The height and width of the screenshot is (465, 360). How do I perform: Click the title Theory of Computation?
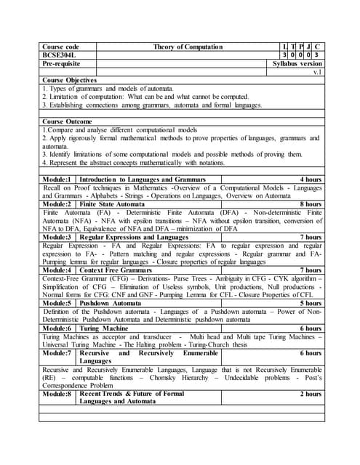click(188, 46)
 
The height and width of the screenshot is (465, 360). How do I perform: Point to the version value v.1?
click(317, 73)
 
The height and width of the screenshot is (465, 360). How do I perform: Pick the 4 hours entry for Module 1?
click(311, 179)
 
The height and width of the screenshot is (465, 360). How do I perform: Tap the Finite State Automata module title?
click(111, 205)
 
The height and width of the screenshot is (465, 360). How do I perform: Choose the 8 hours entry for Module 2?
click(311, 205)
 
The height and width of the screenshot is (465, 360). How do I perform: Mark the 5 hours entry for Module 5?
click(311, 303)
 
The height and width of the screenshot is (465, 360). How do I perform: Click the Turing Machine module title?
click(109, 328)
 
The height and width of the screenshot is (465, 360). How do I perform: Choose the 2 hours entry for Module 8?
click(311, 394)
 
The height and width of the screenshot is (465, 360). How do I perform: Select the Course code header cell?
click(60, 46)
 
